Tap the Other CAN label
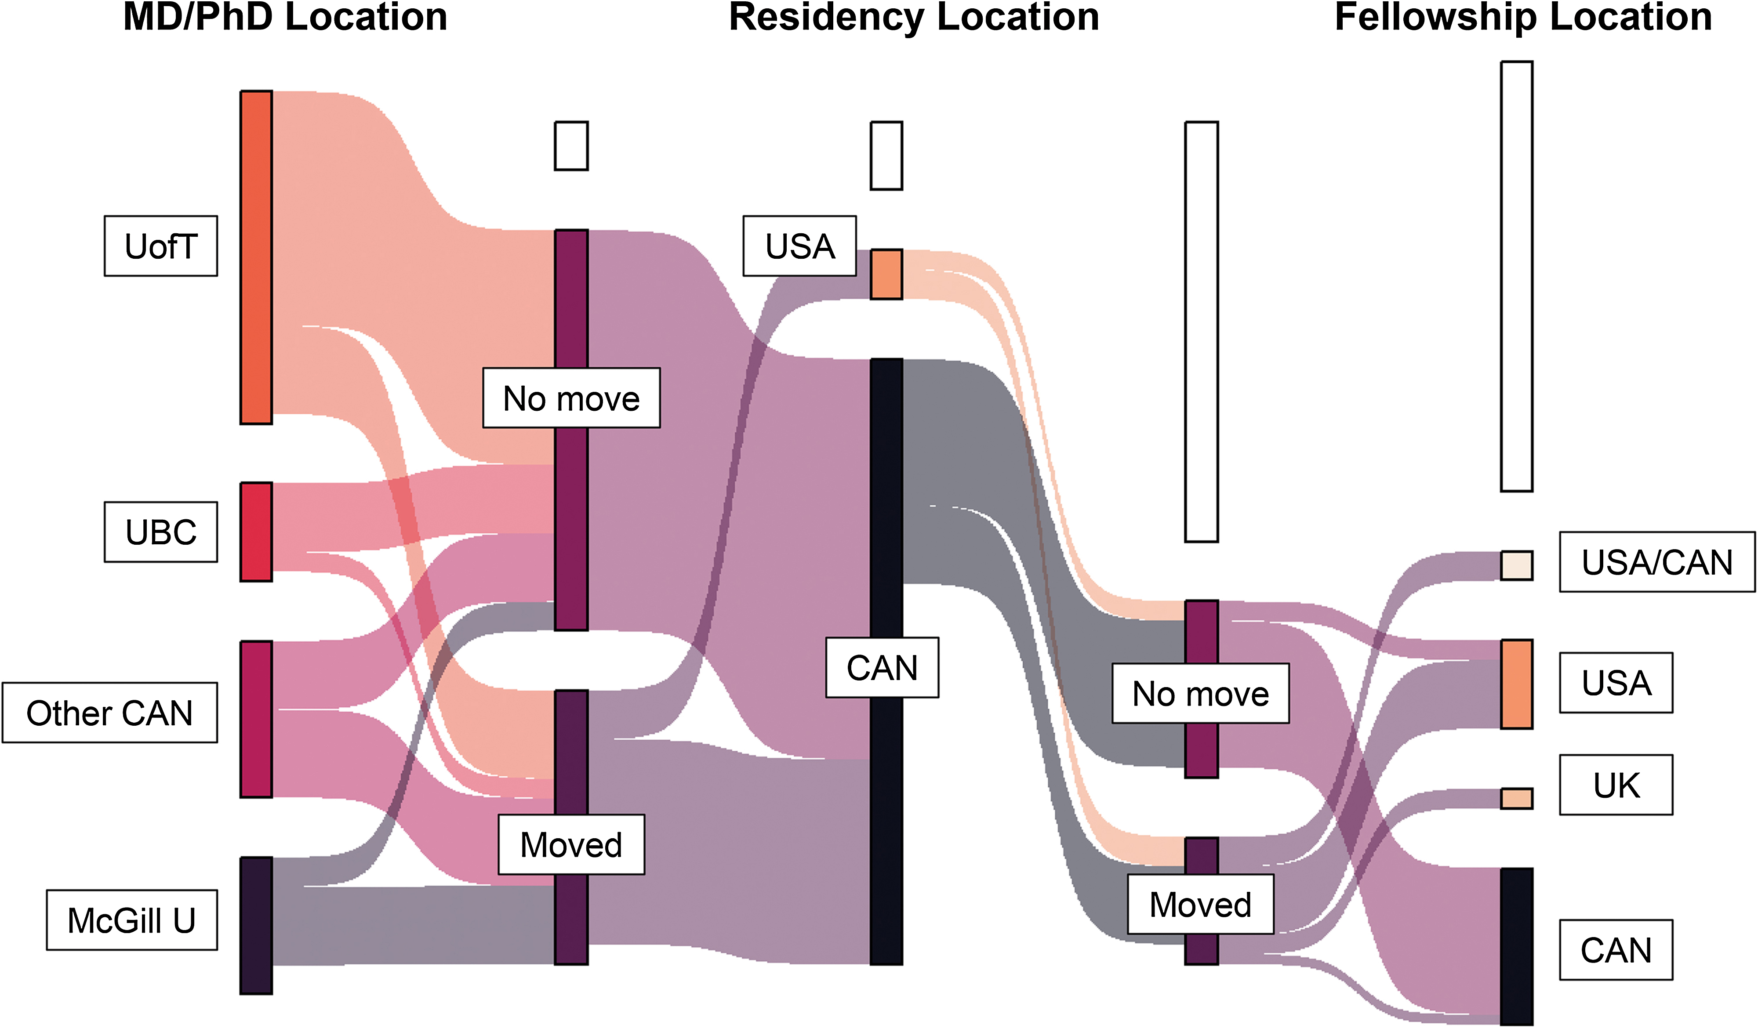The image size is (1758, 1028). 109,713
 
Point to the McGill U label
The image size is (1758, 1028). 132,920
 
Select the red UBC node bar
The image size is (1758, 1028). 256,532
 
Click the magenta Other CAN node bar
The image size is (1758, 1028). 256,719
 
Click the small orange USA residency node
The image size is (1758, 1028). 886,274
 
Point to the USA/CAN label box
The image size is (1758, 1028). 1657,562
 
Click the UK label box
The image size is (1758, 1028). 1616,785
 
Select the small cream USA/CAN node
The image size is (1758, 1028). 1517,565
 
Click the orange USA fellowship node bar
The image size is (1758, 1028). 1517,684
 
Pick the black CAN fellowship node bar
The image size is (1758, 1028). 1517,946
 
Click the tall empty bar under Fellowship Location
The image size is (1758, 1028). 1517,276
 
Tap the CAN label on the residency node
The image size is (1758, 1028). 882,667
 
